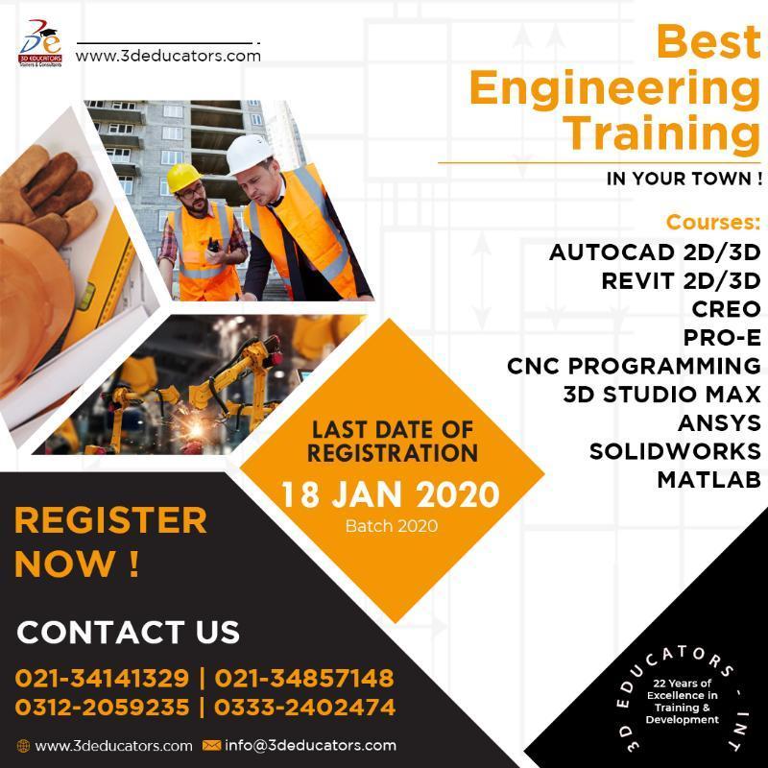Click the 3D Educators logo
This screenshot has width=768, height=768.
[40, 43]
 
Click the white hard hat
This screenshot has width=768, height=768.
[248, 154]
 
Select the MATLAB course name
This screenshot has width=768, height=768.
[708, 479]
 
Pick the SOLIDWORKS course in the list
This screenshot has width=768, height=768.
[675, 451]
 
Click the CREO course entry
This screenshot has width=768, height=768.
[726, 309]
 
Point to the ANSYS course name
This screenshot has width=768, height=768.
[719, 422]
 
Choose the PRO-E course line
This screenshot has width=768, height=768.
[722, 338]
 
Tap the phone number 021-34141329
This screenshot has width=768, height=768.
[102, 678]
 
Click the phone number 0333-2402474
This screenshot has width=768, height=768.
[304, 707]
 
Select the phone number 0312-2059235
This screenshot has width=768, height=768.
[102, 707]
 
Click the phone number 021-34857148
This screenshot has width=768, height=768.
[304, 678]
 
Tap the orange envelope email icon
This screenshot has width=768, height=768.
[211, 746]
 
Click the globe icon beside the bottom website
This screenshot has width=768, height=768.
[23, 746]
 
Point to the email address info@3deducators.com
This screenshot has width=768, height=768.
[310, 746]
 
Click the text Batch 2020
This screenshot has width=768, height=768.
[392, 526]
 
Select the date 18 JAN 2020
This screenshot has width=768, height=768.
[391, 494]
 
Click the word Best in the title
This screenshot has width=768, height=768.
[708, 41]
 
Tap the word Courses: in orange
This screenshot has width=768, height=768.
[713, 223]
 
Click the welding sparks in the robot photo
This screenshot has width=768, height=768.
[196, 427]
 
